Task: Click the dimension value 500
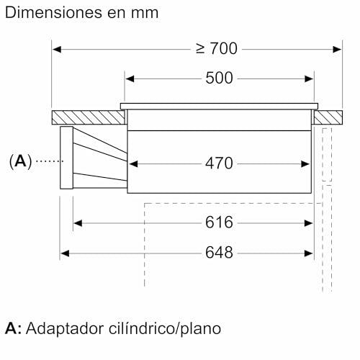tap(219, 78)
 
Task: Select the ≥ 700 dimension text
tap(217, 48)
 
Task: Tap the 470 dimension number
tap(219, 163)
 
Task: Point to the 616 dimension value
tap(219, 222)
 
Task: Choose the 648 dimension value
tap(219, 253)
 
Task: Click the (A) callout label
tap(20, 161)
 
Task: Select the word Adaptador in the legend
tap(65, 328)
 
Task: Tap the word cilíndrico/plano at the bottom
tap(165, 328)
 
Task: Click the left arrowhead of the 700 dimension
tap(57, 50)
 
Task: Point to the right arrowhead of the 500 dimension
tap(309, 78)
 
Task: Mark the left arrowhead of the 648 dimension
tap(65, 253)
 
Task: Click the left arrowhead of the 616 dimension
tap(78, 223)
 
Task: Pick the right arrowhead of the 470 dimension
tap(305, 164)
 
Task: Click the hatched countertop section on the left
tap(89, 117)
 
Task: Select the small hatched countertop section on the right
tap(328, 117)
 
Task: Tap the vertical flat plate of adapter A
tap(66, 158)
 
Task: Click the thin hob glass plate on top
tap(219, 106)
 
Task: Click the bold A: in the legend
tap(14, 328)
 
